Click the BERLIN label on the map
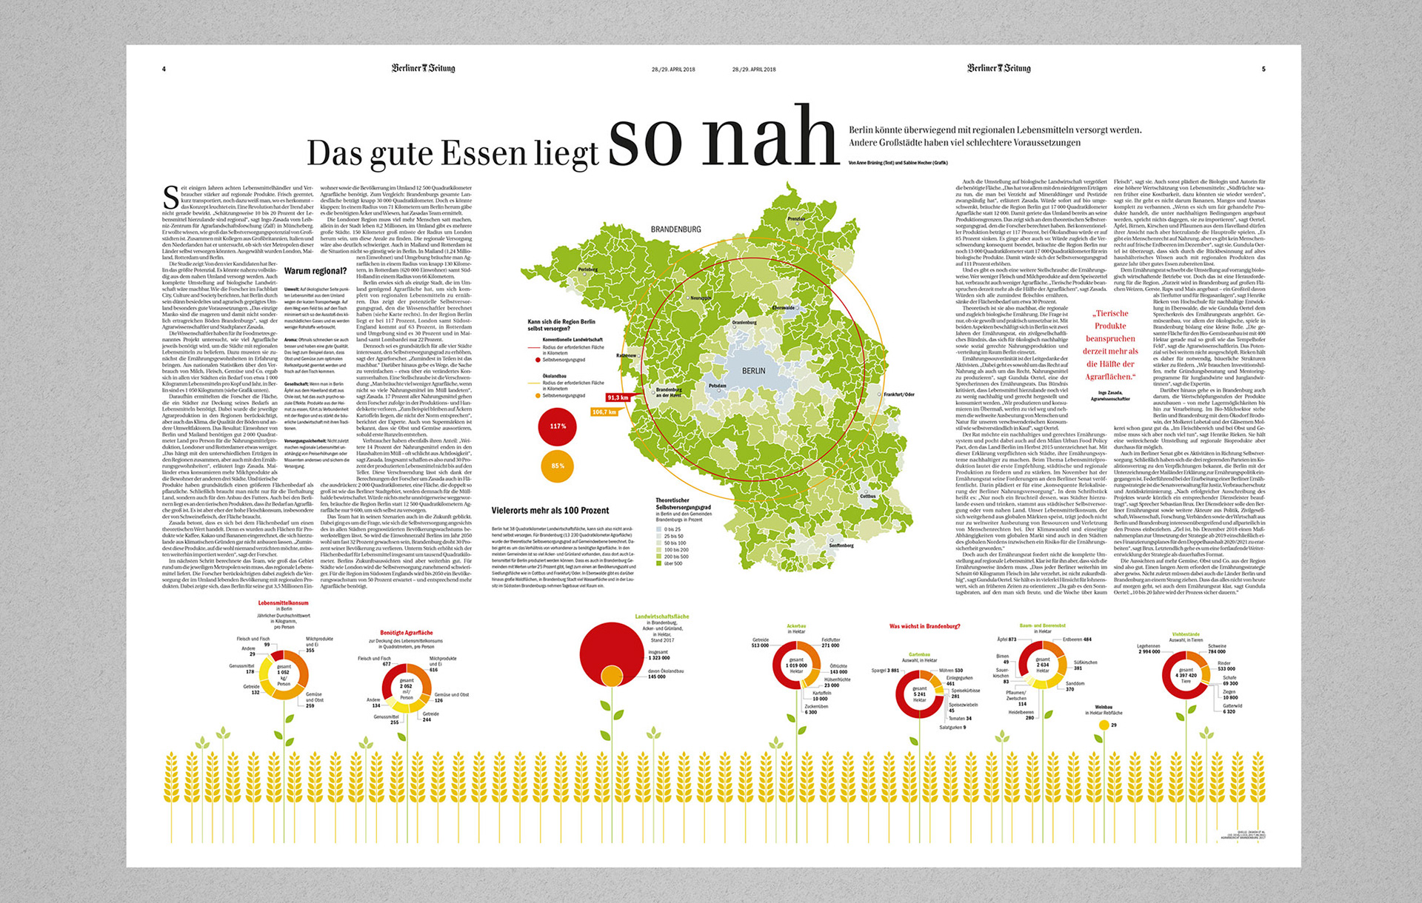pos(753,371)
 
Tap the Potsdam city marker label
pos(717,386)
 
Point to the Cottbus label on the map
pos(867,496)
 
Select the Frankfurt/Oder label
pos(898,395)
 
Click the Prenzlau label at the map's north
pos(796,219)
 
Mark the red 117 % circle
pos(558,426)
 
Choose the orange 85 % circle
pos(558,466)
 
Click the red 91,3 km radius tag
pos(618,397)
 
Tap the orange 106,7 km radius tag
pos(604,412)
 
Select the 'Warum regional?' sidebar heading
pos(315,271)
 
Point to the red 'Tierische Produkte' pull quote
pos(1110,345)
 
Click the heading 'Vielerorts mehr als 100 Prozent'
pos(550,511)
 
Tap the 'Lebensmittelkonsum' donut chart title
pos(283,603)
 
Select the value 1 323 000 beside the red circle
pos(659,657)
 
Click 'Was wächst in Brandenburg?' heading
pos(924,626)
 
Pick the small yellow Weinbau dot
pos(1104,725)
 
